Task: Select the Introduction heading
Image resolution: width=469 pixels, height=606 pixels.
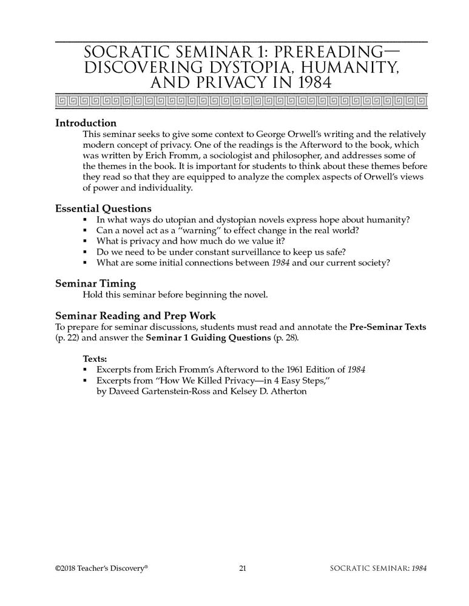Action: pyautogui.click(x=86, y=122)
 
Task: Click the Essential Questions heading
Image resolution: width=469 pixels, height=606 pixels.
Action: pyautogui.click(x=104, y=208)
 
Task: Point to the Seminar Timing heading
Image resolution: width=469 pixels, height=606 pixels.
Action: pyautogui.click(x=95, y=283)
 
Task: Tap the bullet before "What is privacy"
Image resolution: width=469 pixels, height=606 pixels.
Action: pyautogui.click(x=86, y=241)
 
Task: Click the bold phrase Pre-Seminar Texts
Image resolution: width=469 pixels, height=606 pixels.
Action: pyautogui.click(x=388, y=327)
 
